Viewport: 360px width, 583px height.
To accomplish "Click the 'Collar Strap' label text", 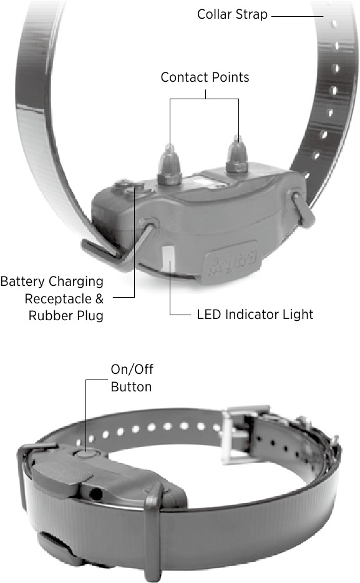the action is (232, 14).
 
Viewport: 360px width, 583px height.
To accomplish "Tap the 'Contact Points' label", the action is (205, 77).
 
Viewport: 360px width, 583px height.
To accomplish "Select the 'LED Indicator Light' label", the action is (255, 315).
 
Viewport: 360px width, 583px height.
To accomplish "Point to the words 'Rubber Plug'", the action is (66, 316).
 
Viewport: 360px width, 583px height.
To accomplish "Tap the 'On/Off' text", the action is (132, 370).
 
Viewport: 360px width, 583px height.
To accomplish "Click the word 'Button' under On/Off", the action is (131, 387).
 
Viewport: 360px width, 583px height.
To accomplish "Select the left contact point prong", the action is (169, 164).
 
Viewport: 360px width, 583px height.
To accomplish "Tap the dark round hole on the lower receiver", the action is (96, 494).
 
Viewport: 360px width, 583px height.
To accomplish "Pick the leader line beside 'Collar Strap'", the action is (297, 16).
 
